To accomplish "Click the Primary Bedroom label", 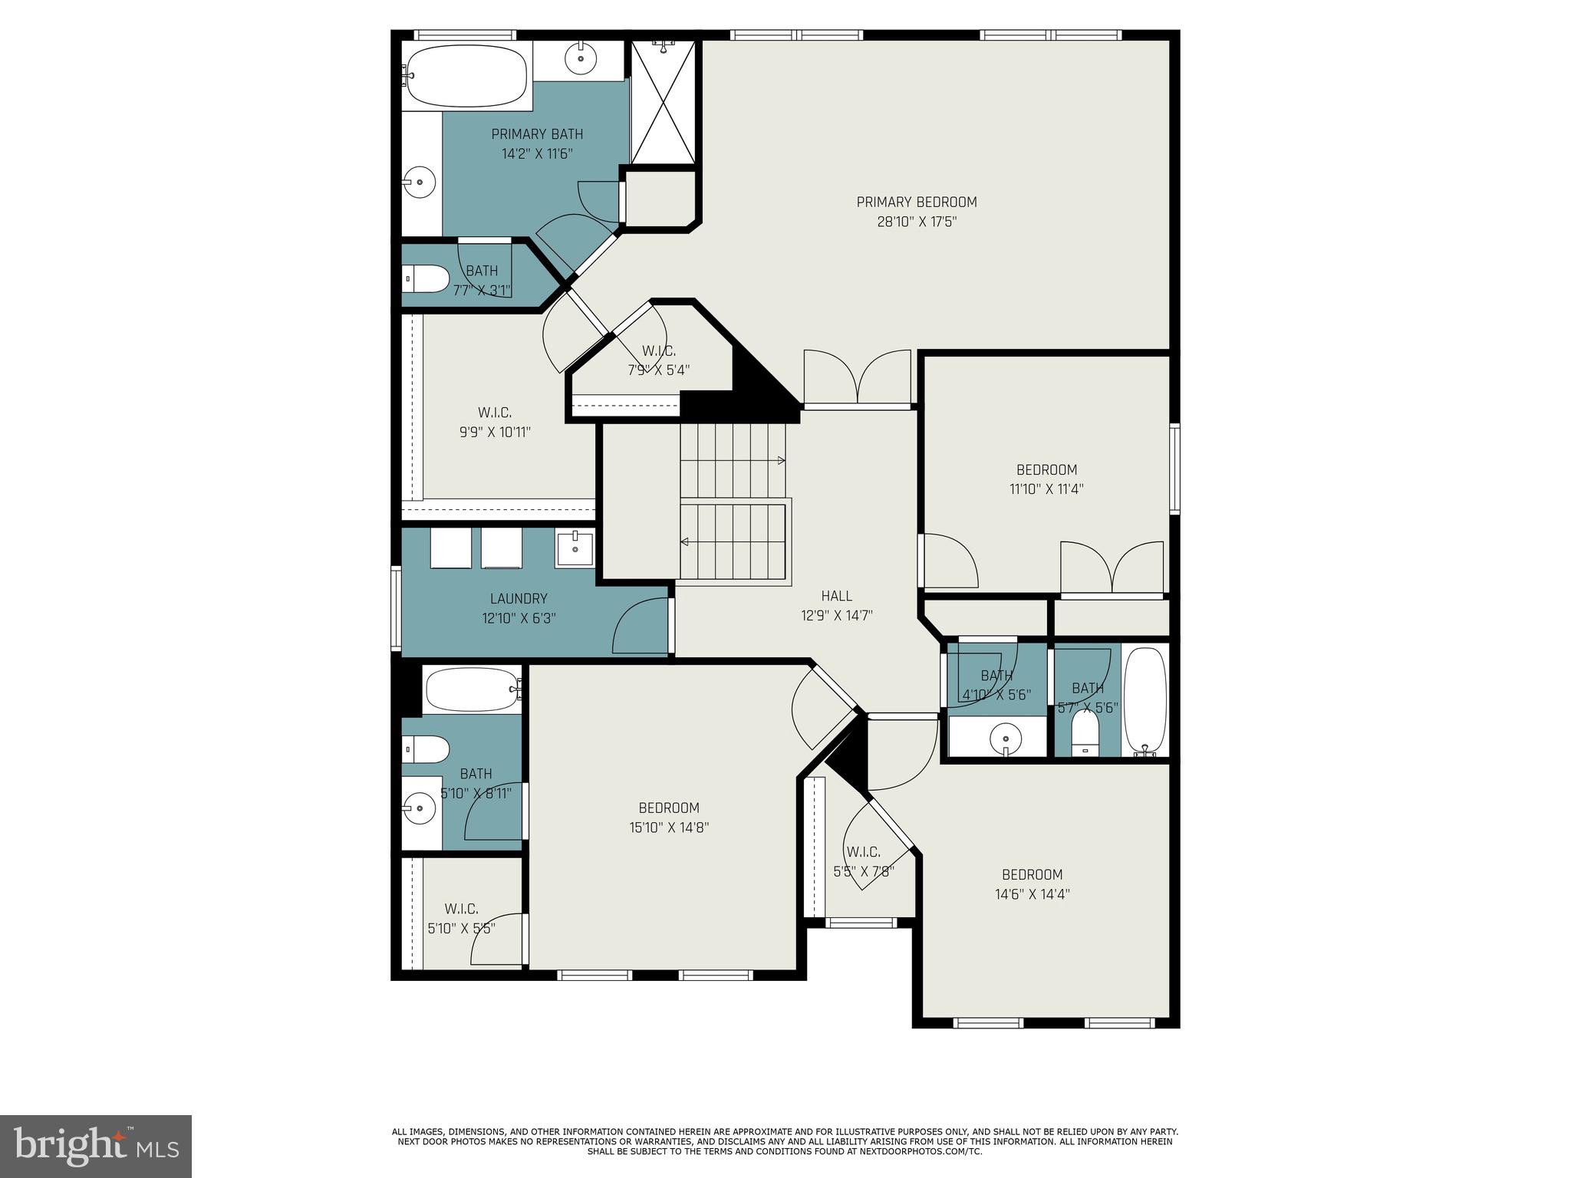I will click(x=917, y=202).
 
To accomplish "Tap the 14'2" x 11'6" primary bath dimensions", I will click(x=537, y=153).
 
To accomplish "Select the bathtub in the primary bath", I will click(x=466, y=76).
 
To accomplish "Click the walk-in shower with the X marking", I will click(x=664, y=101).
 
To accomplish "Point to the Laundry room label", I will click(x=519, y=599).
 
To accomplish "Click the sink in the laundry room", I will click(x=575, y=548).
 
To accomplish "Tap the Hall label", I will click(x=836, y=596).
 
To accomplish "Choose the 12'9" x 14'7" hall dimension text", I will click(x=836, y=615).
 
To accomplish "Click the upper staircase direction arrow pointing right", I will click(x=780, y=460).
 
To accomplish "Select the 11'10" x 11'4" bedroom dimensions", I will click(x=1046, y=489).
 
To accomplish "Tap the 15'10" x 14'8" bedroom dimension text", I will click(x=669, y=828).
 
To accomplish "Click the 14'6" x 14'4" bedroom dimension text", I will click(x=1032, y=894).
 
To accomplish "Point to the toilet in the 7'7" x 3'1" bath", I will click(x=426, y=278).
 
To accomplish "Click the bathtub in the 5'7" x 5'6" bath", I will click(x=1144, y=699).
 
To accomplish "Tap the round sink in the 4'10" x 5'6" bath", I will click(x=1005, y=739).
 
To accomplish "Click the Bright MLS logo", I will click(x=96, y=1146).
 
